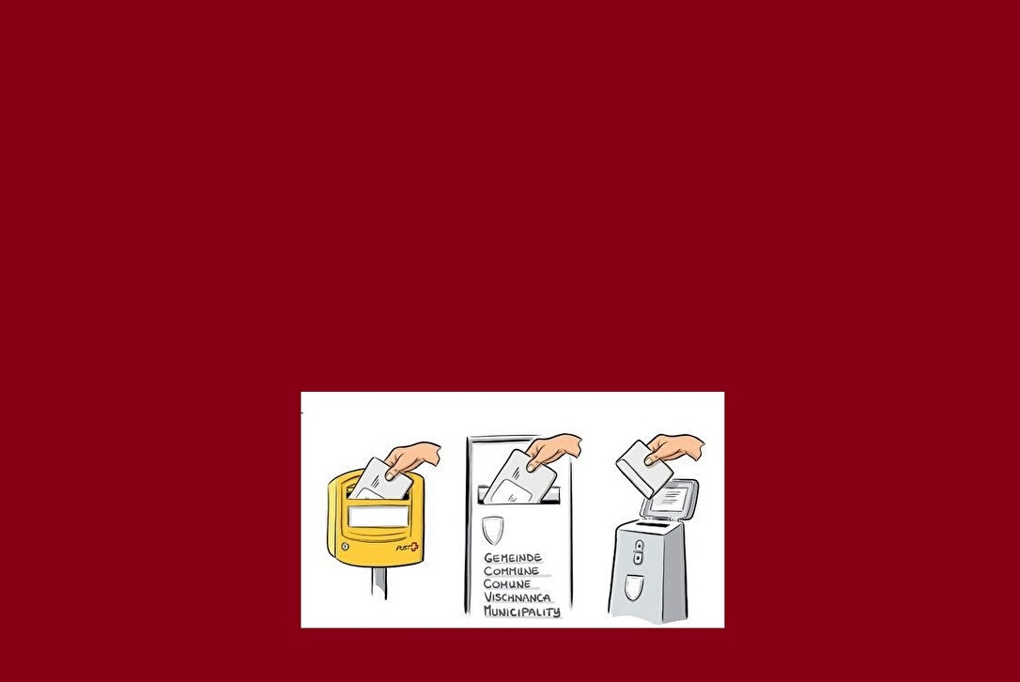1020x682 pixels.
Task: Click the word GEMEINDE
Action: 513,558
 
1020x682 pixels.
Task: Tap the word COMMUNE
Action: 511,571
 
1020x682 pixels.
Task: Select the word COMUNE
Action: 507,583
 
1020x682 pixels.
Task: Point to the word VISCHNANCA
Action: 518,597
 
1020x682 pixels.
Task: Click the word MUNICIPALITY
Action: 521,611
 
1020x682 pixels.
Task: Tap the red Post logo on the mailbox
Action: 408,548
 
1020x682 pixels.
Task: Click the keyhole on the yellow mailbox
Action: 344,547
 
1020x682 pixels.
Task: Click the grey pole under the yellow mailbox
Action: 379,583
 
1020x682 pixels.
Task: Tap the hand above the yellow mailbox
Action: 412,457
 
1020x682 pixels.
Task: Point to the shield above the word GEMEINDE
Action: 493,530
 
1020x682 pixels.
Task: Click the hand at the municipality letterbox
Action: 553,450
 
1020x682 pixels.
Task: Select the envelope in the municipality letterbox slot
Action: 519,477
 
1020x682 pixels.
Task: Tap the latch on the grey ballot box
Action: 639,552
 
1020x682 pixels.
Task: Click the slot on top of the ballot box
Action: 653,524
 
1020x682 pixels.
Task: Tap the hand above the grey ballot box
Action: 675,448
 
